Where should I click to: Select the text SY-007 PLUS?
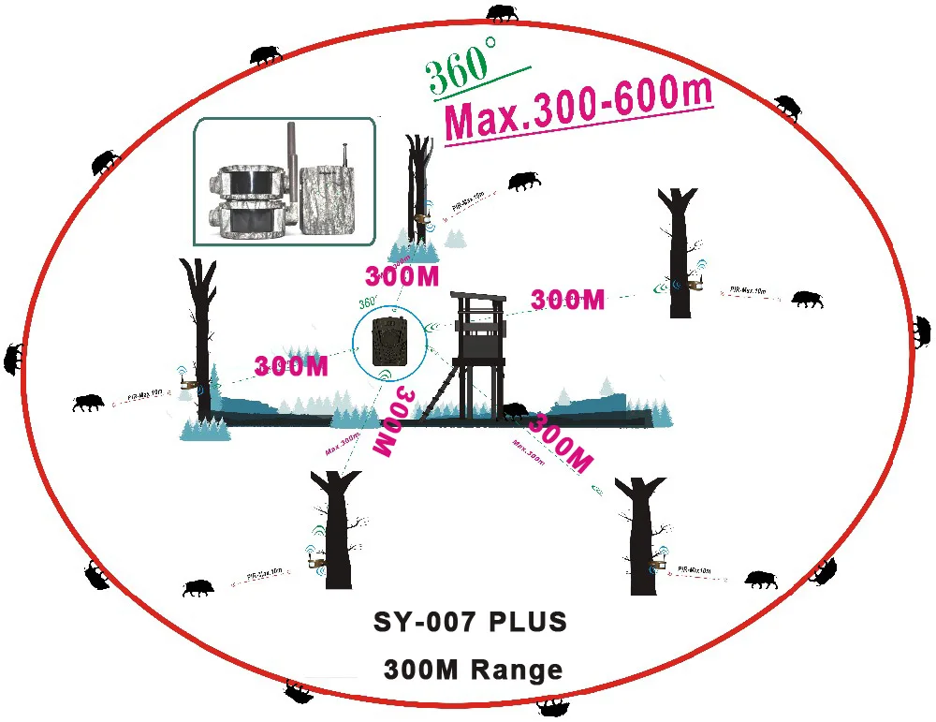470,623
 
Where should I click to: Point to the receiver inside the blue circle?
388,342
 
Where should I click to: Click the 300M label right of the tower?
567,301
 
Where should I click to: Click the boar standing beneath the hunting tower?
515,410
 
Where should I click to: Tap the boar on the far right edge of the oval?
922,331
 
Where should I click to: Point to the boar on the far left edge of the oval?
13,357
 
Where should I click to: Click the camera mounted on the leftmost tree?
187,386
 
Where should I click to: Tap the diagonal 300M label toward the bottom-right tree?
560,441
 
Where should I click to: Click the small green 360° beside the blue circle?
367,303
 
